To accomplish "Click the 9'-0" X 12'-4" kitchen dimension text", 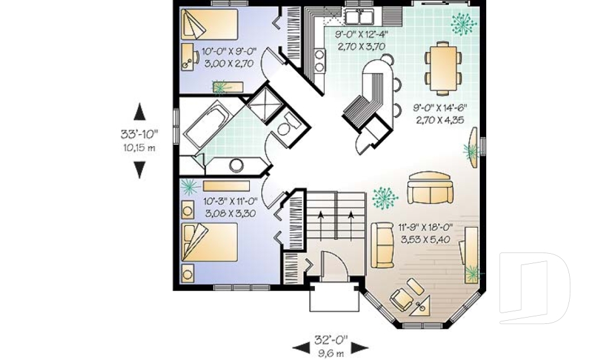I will (x=361, y=40).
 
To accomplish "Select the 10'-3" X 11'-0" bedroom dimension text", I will (x=229, y=208).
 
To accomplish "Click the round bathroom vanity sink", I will (x=236, y=165).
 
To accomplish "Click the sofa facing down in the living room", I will (x=430, y=188).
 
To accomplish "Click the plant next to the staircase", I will (x=384, y=198).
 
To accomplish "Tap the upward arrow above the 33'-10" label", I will (x=140, y=111).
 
